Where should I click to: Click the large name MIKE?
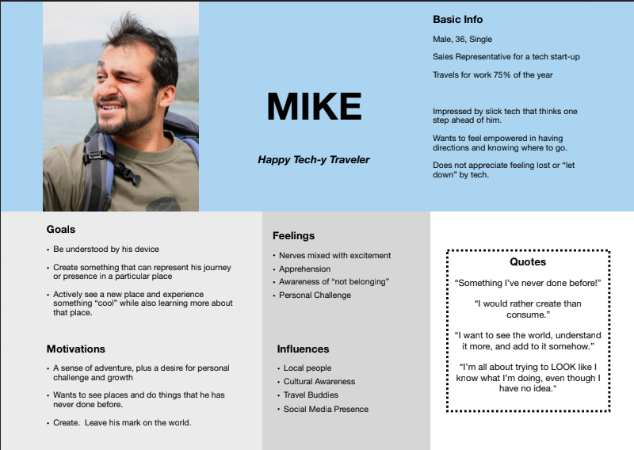click(314, 107)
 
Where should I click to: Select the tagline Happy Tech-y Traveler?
click(314, 160)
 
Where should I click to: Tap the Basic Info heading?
click(457, 19)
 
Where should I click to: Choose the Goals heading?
click(61, 230)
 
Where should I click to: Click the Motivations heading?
click(76, 349)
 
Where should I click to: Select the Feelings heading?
click(293, 235)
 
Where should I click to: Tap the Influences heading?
click(303, 349)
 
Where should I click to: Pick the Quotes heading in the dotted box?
click(528, 262)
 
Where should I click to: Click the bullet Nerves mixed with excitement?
click(334, 255)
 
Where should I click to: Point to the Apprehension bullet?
click(305, 269)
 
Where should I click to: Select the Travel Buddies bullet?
click(311, 395)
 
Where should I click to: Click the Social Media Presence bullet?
click(326, 409)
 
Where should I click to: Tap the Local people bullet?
click(307, 368)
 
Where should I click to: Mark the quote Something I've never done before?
click(528, 283)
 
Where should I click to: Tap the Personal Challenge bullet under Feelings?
click(315, 295)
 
